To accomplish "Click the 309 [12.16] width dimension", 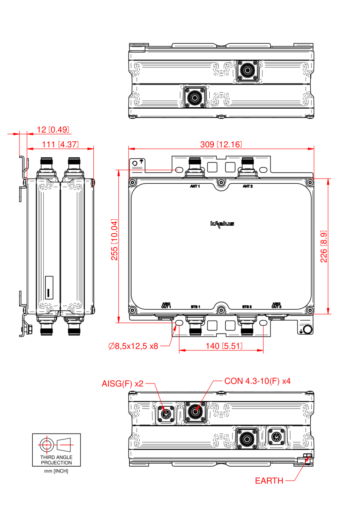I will pyautogui.click(x=221, y=145).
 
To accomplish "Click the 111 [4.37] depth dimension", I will pyautogui.click(x=60, y=144).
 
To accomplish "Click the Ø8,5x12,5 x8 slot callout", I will pyautogui.click(x=133, y=347).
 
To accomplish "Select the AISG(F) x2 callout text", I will pyautogui.click(x=123, y=383).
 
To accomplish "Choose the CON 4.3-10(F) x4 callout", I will pyautogui.click(x=257, y=381).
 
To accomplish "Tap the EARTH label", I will pyautogui.click(x=269, y=481).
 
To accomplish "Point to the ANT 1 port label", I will pyautogui.click(x=195, y=186).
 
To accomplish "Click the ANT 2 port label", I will pyautogui.click(x=248, y=186).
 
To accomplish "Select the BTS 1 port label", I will pyautogui.click(x=195, y=306).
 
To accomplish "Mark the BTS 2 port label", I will pyautogui.click(x=247, y=306).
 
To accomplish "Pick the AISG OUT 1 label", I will pyautogui.click(x=166, y=305).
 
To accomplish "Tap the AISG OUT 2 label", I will pyautogui.click(x=277, y=305).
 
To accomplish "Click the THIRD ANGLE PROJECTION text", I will pyautogui.click(x=56, y=460).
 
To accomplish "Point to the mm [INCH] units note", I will pyautogui.click(x=56, y=471).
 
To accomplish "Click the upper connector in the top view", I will pyautogui.click(x=247, y=70).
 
